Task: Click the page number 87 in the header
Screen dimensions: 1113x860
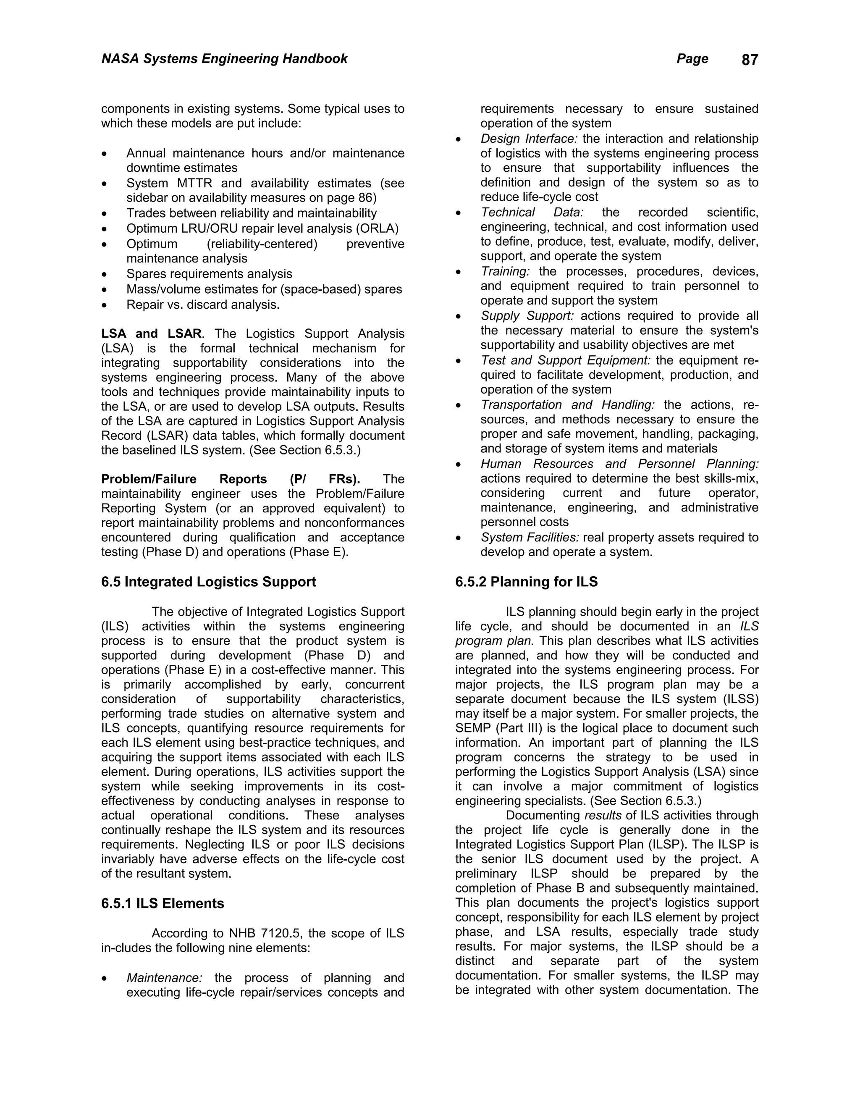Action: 750,60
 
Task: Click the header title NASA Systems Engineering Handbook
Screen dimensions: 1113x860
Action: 224,59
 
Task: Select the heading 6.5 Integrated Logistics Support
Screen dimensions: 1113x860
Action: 208,582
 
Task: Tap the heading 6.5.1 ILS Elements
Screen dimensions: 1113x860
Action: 163,903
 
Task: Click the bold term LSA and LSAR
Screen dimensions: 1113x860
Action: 151,334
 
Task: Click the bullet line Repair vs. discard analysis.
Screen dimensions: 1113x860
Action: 203,305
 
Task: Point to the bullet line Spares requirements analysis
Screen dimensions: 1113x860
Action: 209,274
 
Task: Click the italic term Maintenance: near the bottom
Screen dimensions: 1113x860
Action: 164,978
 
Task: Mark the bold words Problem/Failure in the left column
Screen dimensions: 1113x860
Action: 141,479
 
